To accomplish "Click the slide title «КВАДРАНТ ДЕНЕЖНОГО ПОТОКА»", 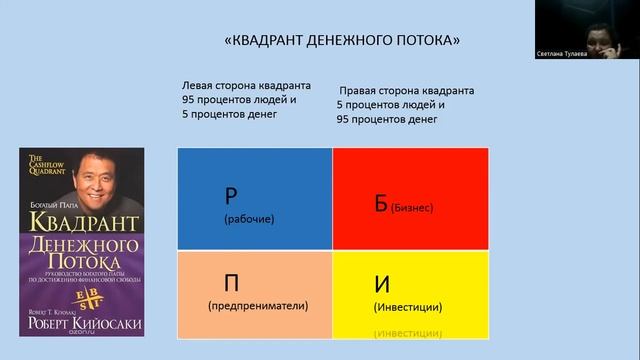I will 341,41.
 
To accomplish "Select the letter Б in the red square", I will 381,202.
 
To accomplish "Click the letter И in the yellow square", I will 381,281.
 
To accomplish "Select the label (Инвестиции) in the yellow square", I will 407,307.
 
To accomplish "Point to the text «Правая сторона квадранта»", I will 406,91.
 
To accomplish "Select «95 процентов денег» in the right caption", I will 387,119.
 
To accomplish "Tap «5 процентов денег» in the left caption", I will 229,114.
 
